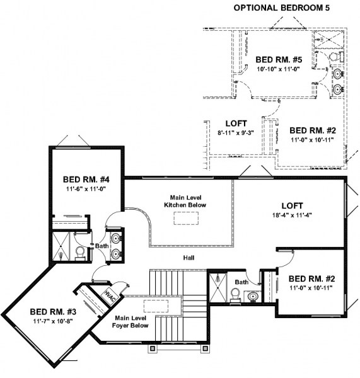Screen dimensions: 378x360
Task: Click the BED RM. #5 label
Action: pyautogui.click(x=277, y=60)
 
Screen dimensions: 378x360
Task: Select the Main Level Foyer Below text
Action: pyautogui.click(x=131, y=322)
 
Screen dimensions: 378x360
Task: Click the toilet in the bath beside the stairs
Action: pyautogui.click(x=233, y=294)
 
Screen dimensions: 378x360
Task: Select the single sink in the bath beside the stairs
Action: pyautogui.click(x=253, y=296)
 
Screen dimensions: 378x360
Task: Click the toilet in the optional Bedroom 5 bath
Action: pyautogui.click(x=336, y=57)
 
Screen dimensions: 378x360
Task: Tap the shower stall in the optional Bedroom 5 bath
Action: pyautogui.click(x=327, y=38)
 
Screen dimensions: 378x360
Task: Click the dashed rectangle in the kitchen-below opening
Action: pyautogui.click(x=184, y=218)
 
